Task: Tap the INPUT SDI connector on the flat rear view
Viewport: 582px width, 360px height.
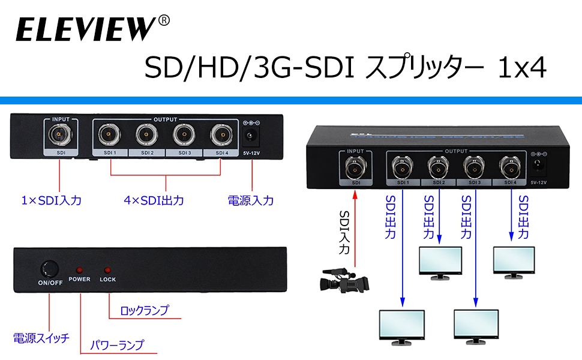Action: coord(61,134)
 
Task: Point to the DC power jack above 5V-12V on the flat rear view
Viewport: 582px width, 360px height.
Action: coord(251,136)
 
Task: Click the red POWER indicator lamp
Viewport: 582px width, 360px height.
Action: coord(79,270)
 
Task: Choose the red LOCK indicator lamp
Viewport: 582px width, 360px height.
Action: coord(108,270)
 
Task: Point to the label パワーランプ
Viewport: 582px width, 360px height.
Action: coord(118,345)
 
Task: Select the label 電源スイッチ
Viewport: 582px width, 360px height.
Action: coord(41,337)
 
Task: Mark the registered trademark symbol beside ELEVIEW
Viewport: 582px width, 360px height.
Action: coord(164,21)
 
